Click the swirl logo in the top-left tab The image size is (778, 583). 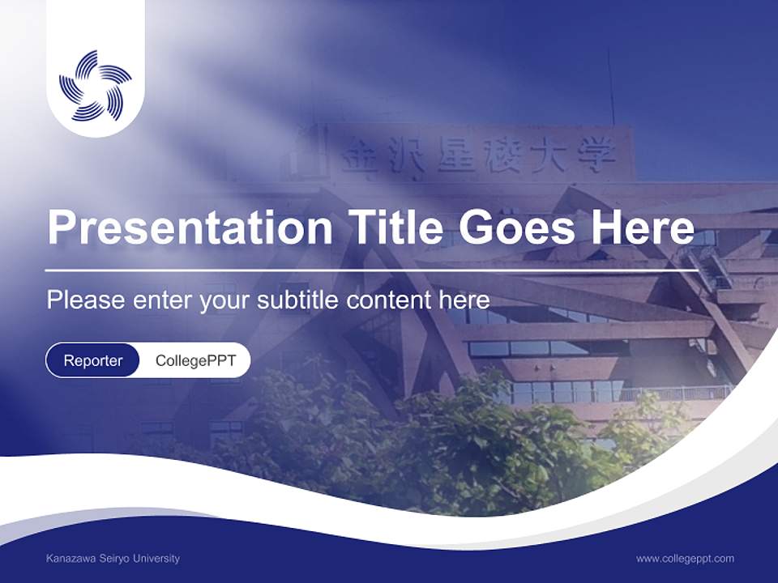[x=96, y=85]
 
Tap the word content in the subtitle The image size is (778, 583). [x=389, y=300]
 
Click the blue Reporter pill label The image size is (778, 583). [x=93, y=360]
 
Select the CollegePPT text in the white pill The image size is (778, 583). [x=195, y=360]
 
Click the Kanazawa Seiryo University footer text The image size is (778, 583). [x=113, y=559]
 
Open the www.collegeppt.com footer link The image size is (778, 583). [x=685, y=559]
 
